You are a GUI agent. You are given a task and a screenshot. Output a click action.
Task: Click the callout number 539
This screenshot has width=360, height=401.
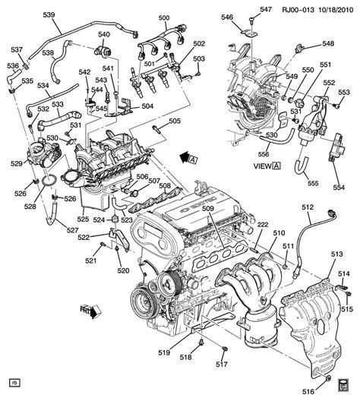click(x=27, y=15)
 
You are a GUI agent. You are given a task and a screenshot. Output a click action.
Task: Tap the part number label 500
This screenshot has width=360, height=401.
click(x=164, y=17)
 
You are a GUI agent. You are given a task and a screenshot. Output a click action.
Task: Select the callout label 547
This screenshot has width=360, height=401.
click(x=265, y=9)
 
